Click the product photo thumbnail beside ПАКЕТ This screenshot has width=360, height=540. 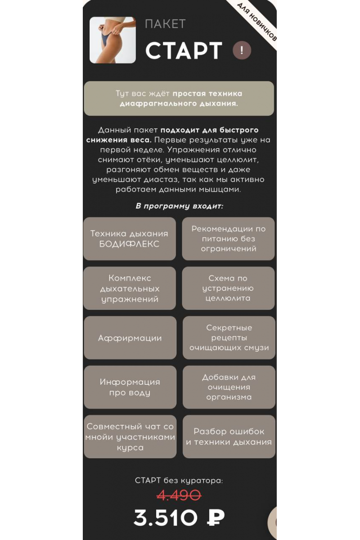(x=112, y=40)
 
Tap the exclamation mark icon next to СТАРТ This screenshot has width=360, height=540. (x=242, y=50)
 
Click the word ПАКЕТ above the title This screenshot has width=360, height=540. (x=165, y=24)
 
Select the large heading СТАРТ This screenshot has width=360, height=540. (x=184, y=51)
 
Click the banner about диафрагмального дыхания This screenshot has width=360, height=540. (x=179, y=99)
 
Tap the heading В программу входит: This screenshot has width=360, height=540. (x=179, y=206)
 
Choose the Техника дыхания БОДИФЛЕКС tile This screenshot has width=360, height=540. (x=130, y=238)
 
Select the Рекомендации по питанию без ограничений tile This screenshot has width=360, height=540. (x=228, y=238)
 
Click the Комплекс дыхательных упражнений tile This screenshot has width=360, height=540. (x=130, y=288)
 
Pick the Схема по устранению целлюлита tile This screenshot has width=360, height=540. (x=228, y=288)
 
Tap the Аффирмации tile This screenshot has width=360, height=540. (x=130, y=338)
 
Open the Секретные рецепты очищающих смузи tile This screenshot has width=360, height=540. (x=229, y=338)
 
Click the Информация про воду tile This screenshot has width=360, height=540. (x=130, y=387)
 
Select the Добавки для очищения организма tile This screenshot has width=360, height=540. (x=229, y=387)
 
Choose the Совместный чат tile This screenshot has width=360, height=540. (x=130, y=436)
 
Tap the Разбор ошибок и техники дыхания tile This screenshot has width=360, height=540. (x=229, y=436)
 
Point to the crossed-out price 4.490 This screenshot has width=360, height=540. (x=179, y=495)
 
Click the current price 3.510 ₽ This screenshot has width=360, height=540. (x=179, y=518)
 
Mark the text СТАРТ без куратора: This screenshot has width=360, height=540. (x=179, y=481)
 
